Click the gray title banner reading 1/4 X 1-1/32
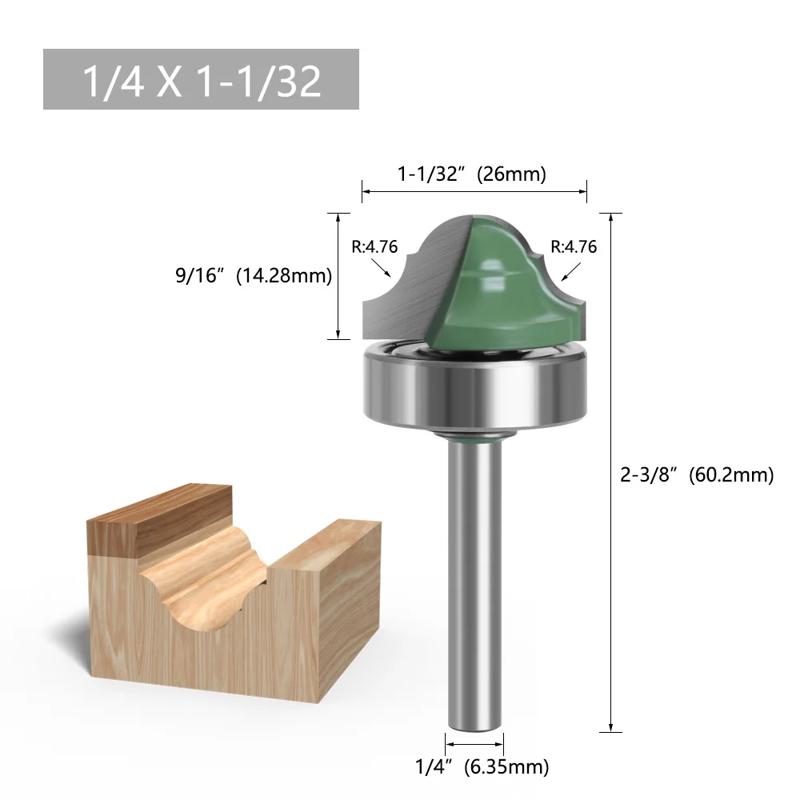pos(201,79)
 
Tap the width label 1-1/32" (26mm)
pos(472,174)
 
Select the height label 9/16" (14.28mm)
pos(253,276)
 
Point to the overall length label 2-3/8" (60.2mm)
pos(697,474)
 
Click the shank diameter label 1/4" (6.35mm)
pos(482,767)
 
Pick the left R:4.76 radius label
pos(374,246)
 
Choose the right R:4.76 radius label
pos(574,246)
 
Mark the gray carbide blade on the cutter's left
pos(400,304)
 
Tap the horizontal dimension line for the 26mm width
pos(474,191)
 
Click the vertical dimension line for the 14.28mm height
pos(339,276)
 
